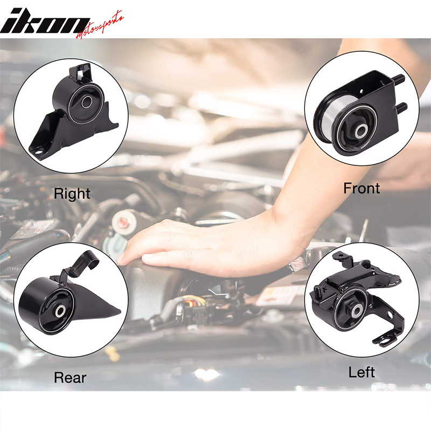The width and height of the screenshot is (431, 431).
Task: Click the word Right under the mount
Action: [72, 194]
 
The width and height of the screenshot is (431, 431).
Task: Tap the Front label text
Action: [362, 189]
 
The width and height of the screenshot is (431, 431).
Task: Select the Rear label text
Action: [70, 378]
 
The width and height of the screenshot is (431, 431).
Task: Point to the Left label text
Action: [362, 372]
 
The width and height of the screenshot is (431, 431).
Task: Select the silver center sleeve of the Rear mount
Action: [61, 311]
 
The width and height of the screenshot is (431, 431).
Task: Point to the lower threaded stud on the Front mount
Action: [402, 108]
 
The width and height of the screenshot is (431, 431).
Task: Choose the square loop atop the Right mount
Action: [81, 71]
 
